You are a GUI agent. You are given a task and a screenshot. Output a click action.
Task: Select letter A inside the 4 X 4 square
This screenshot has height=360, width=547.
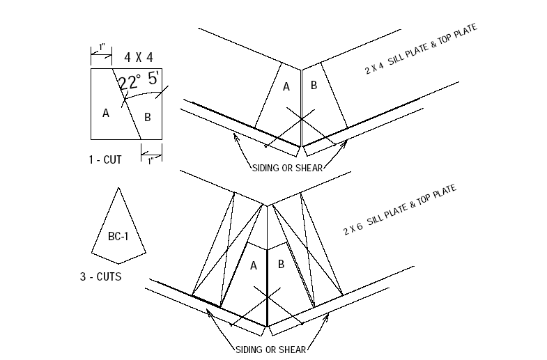[106, 114]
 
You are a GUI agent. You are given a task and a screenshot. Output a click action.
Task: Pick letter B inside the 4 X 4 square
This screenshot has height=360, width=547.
[148, 117]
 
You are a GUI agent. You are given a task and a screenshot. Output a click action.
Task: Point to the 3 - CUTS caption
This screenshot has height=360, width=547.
[100, 276]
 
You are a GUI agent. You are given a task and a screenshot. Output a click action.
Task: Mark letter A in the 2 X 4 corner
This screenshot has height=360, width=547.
[286, 87]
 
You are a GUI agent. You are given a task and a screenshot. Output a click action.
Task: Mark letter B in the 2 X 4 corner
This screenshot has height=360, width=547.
[314, 86]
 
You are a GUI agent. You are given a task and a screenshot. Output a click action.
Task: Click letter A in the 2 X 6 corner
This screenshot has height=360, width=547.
[254, 265]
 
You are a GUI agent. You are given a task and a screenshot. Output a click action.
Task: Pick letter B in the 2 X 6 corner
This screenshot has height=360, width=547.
[281, 265]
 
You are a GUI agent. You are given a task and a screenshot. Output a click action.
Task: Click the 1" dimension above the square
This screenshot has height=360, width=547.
[102, 47]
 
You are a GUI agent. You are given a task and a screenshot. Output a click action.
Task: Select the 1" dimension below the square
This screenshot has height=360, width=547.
[151, 159]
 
